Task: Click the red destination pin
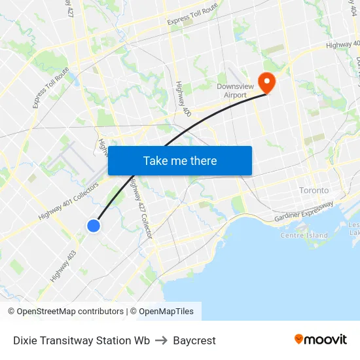point(267,82)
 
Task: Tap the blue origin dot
point(94,226)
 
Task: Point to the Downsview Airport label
point(232,90)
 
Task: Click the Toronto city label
point(314,190)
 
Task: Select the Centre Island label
point(304,235)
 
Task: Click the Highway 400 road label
point(183,99)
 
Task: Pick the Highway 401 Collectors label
point(68,201)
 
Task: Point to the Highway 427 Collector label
point(139,209)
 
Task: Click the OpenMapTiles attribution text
point(166,312)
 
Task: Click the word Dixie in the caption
point(26,340)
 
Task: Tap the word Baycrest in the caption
point(194,340)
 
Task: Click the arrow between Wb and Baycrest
point(161,340)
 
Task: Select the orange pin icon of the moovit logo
point(299,339)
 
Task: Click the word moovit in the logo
point(326,340)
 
